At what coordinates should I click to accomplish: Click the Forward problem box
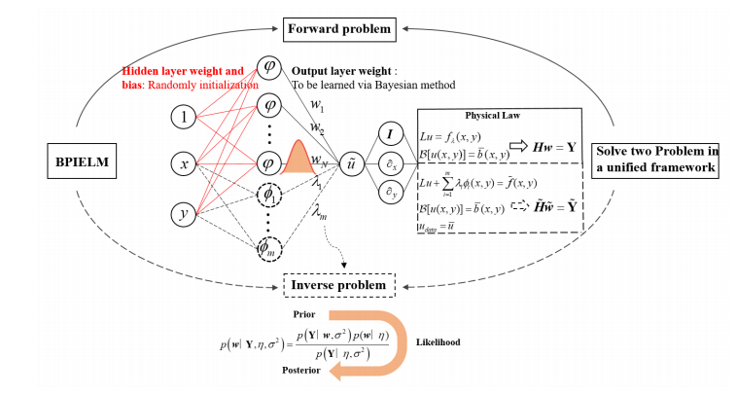tap(339, 29)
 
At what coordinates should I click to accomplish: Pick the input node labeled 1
tap(182, 118)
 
